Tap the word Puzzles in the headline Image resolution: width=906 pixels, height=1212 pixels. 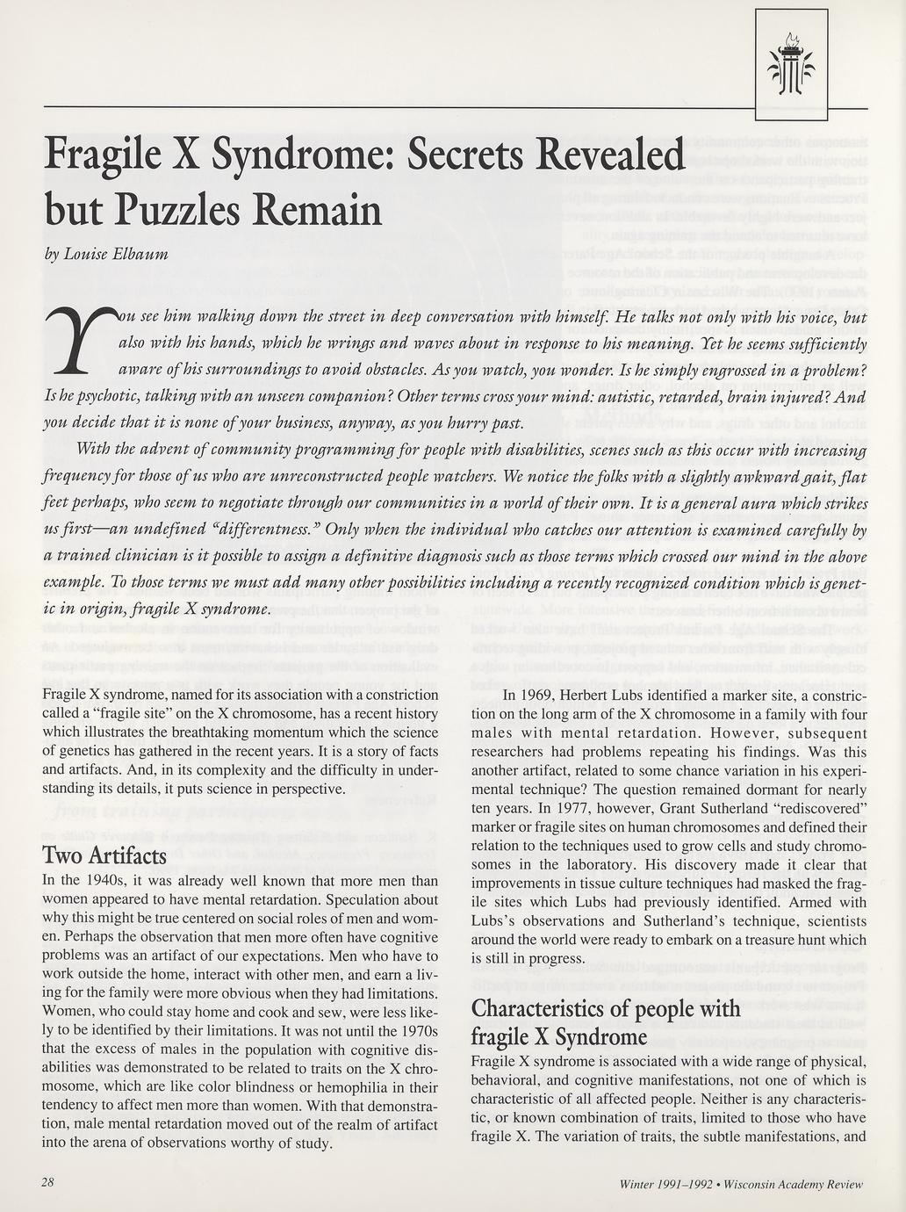tap(214, 210)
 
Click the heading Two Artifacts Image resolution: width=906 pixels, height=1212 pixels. tap(104, 855)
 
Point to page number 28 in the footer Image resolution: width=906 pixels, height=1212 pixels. tap(47, 1182)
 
